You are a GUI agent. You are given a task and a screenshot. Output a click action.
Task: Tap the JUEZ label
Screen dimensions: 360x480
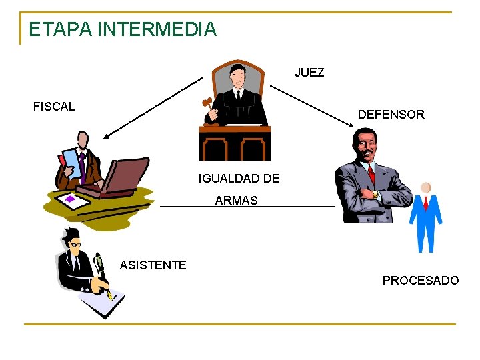[309, 73]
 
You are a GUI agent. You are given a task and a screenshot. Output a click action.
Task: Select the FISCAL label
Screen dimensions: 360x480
[54, 107]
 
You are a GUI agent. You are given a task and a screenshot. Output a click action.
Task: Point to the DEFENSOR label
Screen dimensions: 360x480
[391, 115]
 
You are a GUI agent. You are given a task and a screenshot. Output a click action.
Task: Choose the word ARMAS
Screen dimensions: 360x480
[236, 201]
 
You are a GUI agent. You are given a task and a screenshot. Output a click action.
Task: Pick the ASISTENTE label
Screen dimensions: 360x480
[153, 265]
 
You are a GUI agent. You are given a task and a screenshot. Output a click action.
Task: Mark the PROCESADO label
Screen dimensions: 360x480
[421, 281]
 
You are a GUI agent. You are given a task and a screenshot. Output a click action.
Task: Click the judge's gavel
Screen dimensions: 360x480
[207, 105]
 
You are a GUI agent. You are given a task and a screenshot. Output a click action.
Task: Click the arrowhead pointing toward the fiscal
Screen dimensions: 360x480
[107, 135]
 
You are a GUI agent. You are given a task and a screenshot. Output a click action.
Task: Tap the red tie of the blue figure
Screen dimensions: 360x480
[425, 203]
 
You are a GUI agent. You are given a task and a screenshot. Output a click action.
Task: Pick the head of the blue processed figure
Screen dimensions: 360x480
[425, 188]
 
